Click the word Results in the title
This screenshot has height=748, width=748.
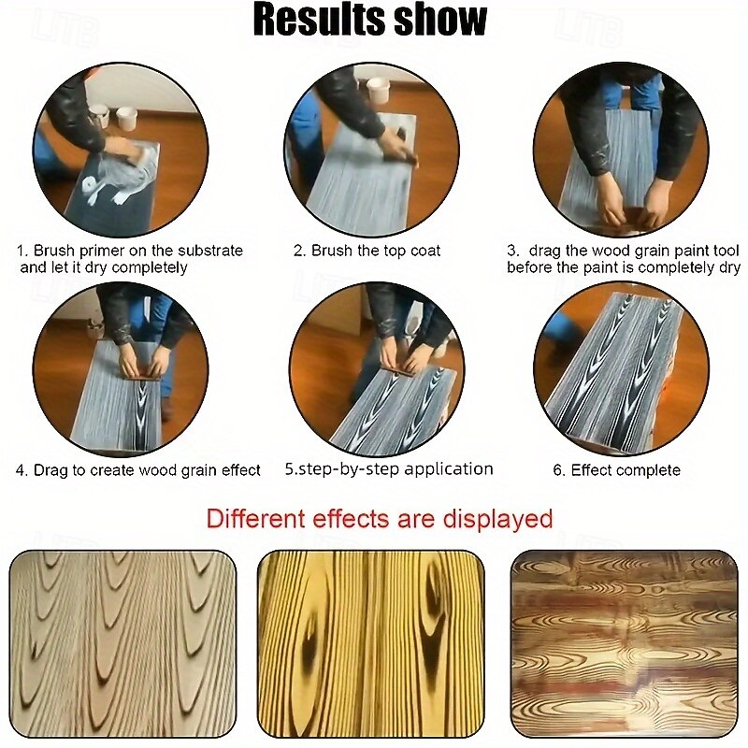(x=319, y=20)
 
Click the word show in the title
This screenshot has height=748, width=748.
(x=440, y=20)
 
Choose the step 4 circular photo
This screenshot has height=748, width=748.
(x=121, y=368)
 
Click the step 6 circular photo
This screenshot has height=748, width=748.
(x=622, y=368)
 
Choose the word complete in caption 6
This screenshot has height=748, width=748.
(x=648, y=470)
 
